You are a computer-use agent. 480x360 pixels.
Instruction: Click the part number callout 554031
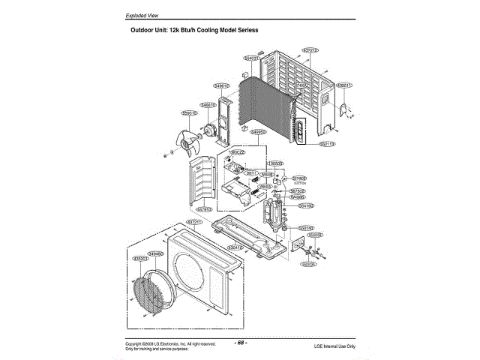pyautogui.click(x=251, y=57)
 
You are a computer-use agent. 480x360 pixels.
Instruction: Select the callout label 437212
pyautogui.click(x=311, y=49)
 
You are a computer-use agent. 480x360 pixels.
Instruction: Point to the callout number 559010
pyautogui.click(x=189, y=112)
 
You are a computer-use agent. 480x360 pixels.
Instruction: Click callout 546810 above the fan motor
pyautogui.click(x=208, y=105)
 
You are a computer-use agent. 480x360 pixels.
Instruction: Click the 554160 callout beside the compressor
pyautogui.click(x=306, y=205)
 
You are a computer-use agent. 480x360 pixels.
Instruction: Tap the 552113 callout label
pyautogui.click(x=327, y=143)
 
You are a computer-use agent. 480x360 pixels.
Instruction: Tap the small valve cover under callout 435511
pyautogui.click(x=344, y=111)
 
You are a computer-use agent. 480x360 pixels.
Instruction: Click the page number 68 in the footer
pyautogui.click(x=241, y=342)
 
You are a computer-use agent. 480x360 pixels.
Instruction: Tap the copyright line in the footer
pyautogui.click(x=170, y=343)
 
